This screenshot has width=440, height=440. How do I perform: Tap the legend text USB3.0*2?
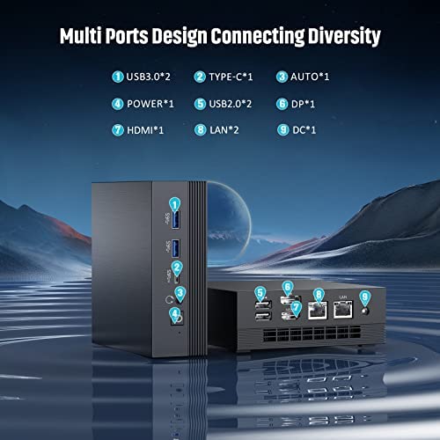[x=148, y=77]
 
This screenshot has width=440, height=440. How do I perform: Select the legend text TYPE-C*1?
[x=231, y=77]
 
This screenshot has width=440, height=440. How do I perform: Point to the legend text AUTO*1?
[x=310, y=77]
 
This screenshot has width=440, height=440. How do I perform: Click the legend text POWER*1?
[x=150, y=104]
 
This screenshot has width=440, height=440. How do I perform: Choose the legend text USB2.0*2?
[x=231, y=104]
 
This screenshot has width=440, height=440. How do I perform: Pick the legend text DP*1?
[x=303, y=104]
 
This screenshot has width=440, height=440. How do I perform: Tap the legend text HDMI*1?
[x=145, y=130]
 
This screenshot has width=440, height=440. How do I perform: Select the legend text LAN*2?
[x=224, y=130]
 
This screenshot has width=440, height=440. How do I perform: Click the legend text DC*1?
[x=304, y=130]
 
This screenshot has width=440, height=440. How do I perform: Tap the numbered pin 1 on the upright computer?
[x=174, y=204]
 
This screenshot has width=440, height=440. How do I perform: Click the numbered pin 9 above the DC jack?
[x=364, y=297]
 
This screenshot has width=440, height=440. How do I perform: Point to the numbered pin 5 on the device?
[x=260, y=293]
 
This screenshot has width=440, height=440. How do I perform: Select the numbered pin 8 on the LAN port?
[x=319, y=295]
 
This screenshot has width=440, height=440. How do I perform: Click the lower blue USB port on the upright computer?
[x=175, y=248]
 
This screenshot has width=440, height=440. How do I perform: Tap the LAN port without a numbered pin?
[x=343, y=310]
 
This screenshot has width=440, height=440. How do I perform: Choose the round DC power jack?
[x=364, y=311]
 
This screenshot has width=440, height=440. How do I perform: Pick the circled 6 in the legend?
[x=282, y=104]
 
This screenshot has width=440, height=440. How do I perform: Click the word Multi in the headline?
[x=81, y=36]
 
